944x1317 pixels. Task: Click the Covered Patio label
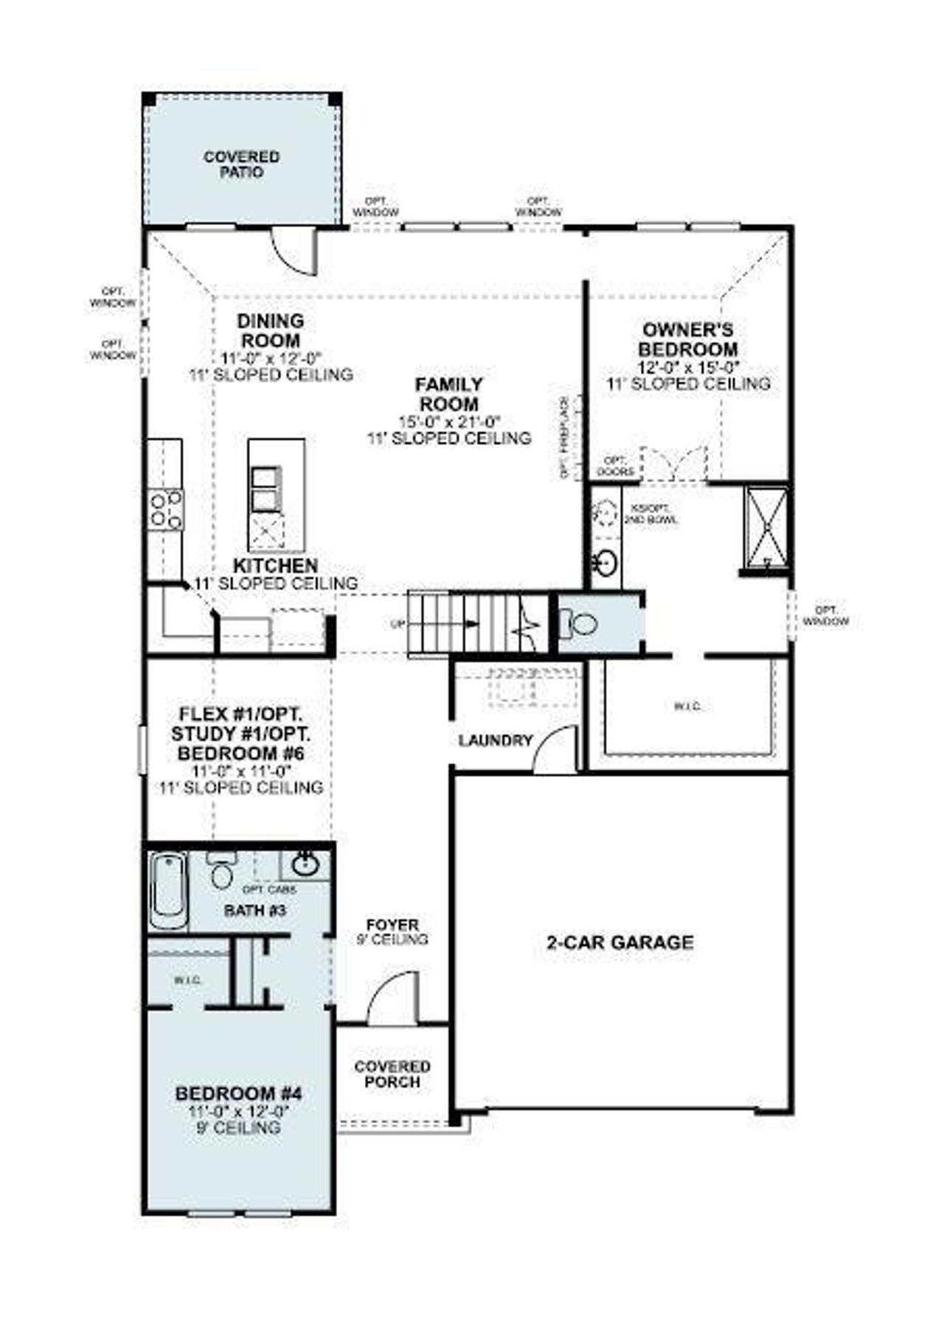click(241, 164)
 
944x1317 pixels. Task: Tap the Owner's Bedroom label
click(687, 339)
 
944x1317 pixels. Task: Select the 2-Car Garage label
click(619, 942)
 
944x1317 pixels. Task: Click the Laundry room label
click(495, 740)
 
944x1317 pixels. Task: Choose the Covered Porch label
click(392, 1074)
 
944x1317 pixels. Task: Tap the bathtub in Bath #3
click(167, 891)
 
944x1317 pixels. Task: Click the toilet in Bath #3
click(221, 871)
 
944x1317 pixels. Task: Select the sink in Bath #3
click(305, 863)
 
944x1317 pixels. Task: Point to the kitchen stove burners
click(166, 510)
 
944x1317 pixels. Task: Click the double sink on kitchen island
click(265, 489)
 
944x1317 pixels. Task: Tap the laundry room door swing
click(555, 748)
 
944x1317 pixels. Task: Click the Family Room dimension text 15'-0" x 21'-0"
click(449, 422)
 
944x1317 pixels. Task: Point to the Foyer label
click(393, 925)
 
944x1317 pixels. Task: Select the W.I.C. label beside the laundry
click(687, 706)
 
